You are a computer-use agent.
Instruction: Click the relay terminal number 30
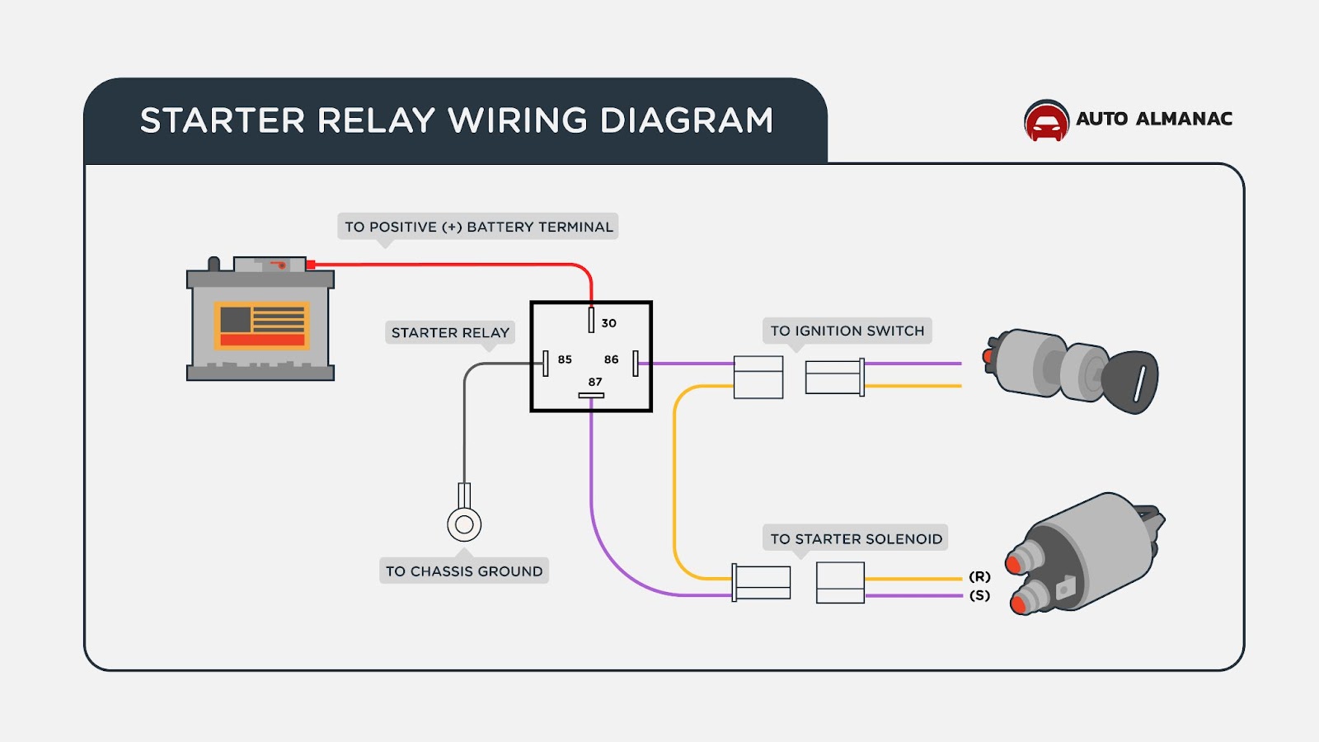pyautogui.click(x=608, y=323)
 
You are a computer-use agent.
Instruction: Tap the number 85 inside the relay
pyautogui.click(x=565, y=359)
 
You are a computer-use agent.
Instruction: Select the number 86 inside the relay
pyautogui.click(x=611, y=359)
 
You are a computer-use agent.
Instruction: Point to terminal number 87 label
pyautogui.click(x=595, y=382)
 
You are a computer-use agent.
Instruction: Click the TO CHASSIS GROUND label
pyautogui.click(x=464, y=571)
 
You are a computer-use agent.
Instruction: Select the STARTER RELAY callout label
pyautogui.click(x=450, y=333)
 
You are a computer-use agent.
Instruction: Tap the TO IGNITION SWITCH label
pyautogui.click(x=847, y=331)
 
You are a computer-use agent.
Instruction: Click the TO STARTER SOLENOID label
pyautogui.click(x=856, y=538)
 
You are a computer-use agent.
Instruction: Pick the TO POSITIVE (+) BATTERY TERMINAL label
pyautogui.click(x=478, y=227)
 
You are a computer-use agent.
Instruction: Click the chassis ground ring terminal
pyautogui.click(x=464, y=524)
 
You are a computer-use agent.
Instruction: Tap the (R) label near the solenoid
pyautogui.click(x=979, y=576)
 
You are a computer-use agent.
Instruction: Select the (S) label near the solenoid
pyautogui.click(x=979, y=595)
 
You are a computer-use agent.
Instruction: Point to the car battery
pyautogui.click(x=261, y=322)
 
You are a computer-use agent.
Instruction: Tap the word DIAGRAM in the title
pyautogui.click(x=687, y=120)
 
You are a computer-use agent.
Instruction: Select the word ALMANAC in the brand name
pyautogui.click(x=1184, y=119)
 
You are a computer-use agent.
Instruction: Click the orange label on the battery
pyautogui.click(x=262, y=325)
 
